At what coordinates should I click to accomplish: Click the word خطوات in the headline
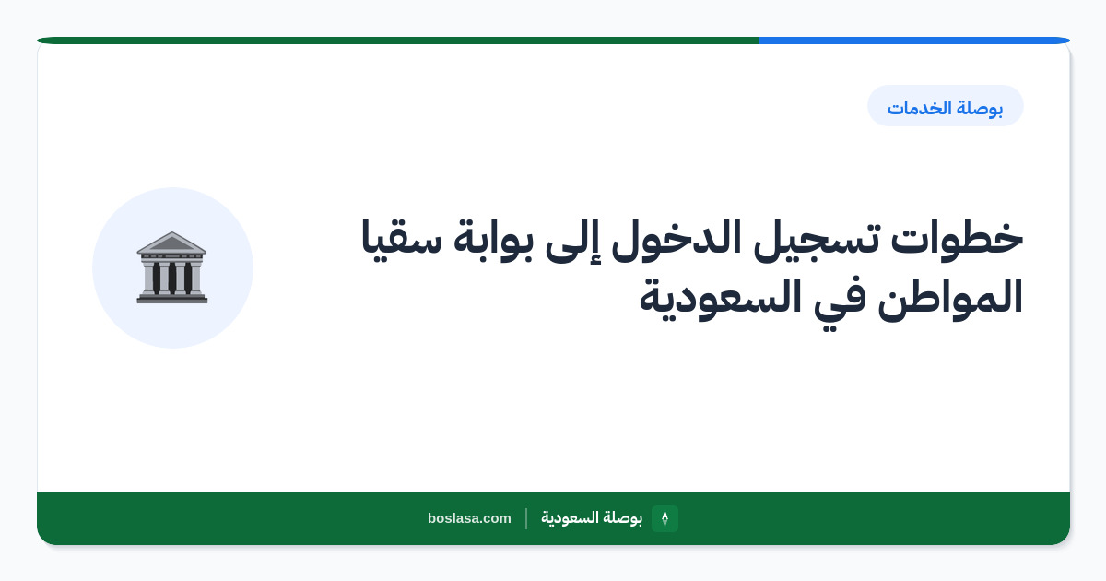pos(957,240)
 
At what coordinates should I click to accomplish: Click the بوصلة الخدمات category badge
pos(945,106)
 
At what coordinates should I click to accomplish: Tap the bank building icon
pos(171,267)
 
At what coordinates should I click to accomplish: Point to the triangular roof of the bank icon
pos(171,242)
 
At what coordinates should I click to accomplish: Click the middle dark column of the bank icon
pos(171,278)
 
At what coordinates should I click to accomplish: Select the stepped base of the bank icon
pos(171,297)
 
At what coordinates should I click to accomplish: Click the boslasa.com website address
pos(469,518)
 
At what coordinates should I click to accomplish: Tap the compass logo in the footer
pos(665,518)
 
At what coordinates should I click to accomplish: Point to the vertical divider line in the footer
pos(526,518)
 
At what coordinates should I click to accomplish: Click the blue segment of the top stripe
pos(914,41)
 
